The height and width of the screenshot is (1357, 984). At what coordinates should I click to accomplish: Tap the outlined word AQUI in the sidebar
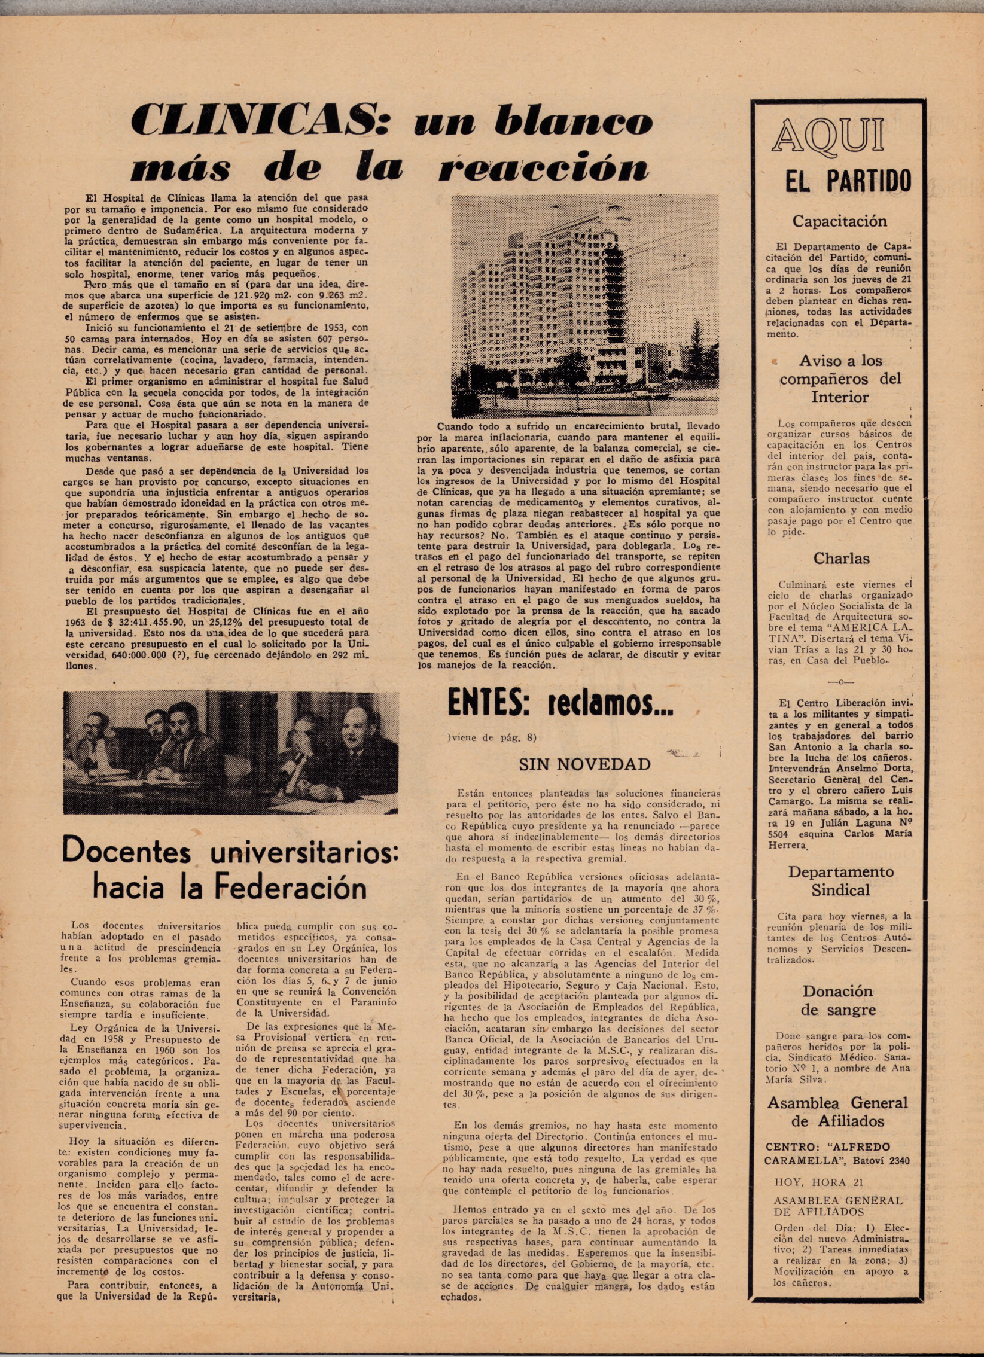pos(827,136)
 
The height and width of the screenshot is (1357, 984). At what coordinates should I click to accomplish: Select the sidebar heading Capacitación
pos(839,221)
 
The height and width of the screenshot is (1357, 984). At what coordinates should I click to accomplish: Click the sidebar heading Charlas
pos(841,558)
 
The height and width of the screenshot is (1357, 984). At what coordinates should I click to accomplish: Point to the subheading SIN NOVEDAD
pos(584,764)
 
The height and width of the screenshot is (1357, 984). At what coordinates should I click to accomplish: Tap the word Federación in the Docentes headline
pos(290,887)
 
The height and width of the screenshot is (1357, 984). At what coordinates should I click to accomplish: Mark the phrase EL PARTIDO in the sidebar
pos(848,181)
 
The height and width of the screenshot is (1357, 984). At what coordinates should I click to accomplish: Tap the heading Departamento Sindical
pos(840,881)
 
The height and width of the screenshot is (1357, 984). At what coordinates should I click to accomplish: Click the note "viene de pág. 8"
pos(491,738)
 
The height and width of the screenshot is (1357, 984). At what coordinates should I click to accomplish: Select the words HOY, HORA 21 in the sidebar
pos(810,1182)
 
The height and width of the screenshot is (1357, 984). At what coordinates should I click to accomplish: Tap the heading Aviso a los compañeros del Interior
pos(840,379)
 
